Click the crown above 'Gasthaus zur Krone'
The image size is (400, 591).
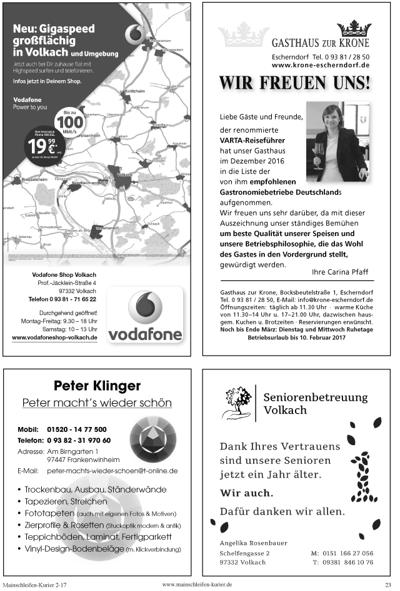(353, 29)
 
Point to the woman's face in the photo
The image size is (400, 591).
(332, 120)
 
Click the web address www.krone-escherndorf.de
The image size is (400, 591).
(321, 64)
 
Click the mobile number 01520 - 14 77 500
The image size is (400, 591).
(76, 429)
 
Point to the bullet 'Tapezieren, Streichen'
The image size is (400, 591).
(66, 501)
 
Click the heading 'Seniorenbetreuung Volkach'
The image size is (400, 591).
(315, 404)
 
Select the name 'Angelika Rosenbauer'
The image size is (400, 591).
(253, 543)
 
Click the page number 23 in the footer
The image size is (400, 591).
(387, 584)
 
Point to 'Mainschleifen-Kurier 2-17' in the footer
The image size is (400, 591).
(34, 584)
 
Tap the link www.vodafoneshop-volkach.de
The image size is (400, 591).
(55, 337)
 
